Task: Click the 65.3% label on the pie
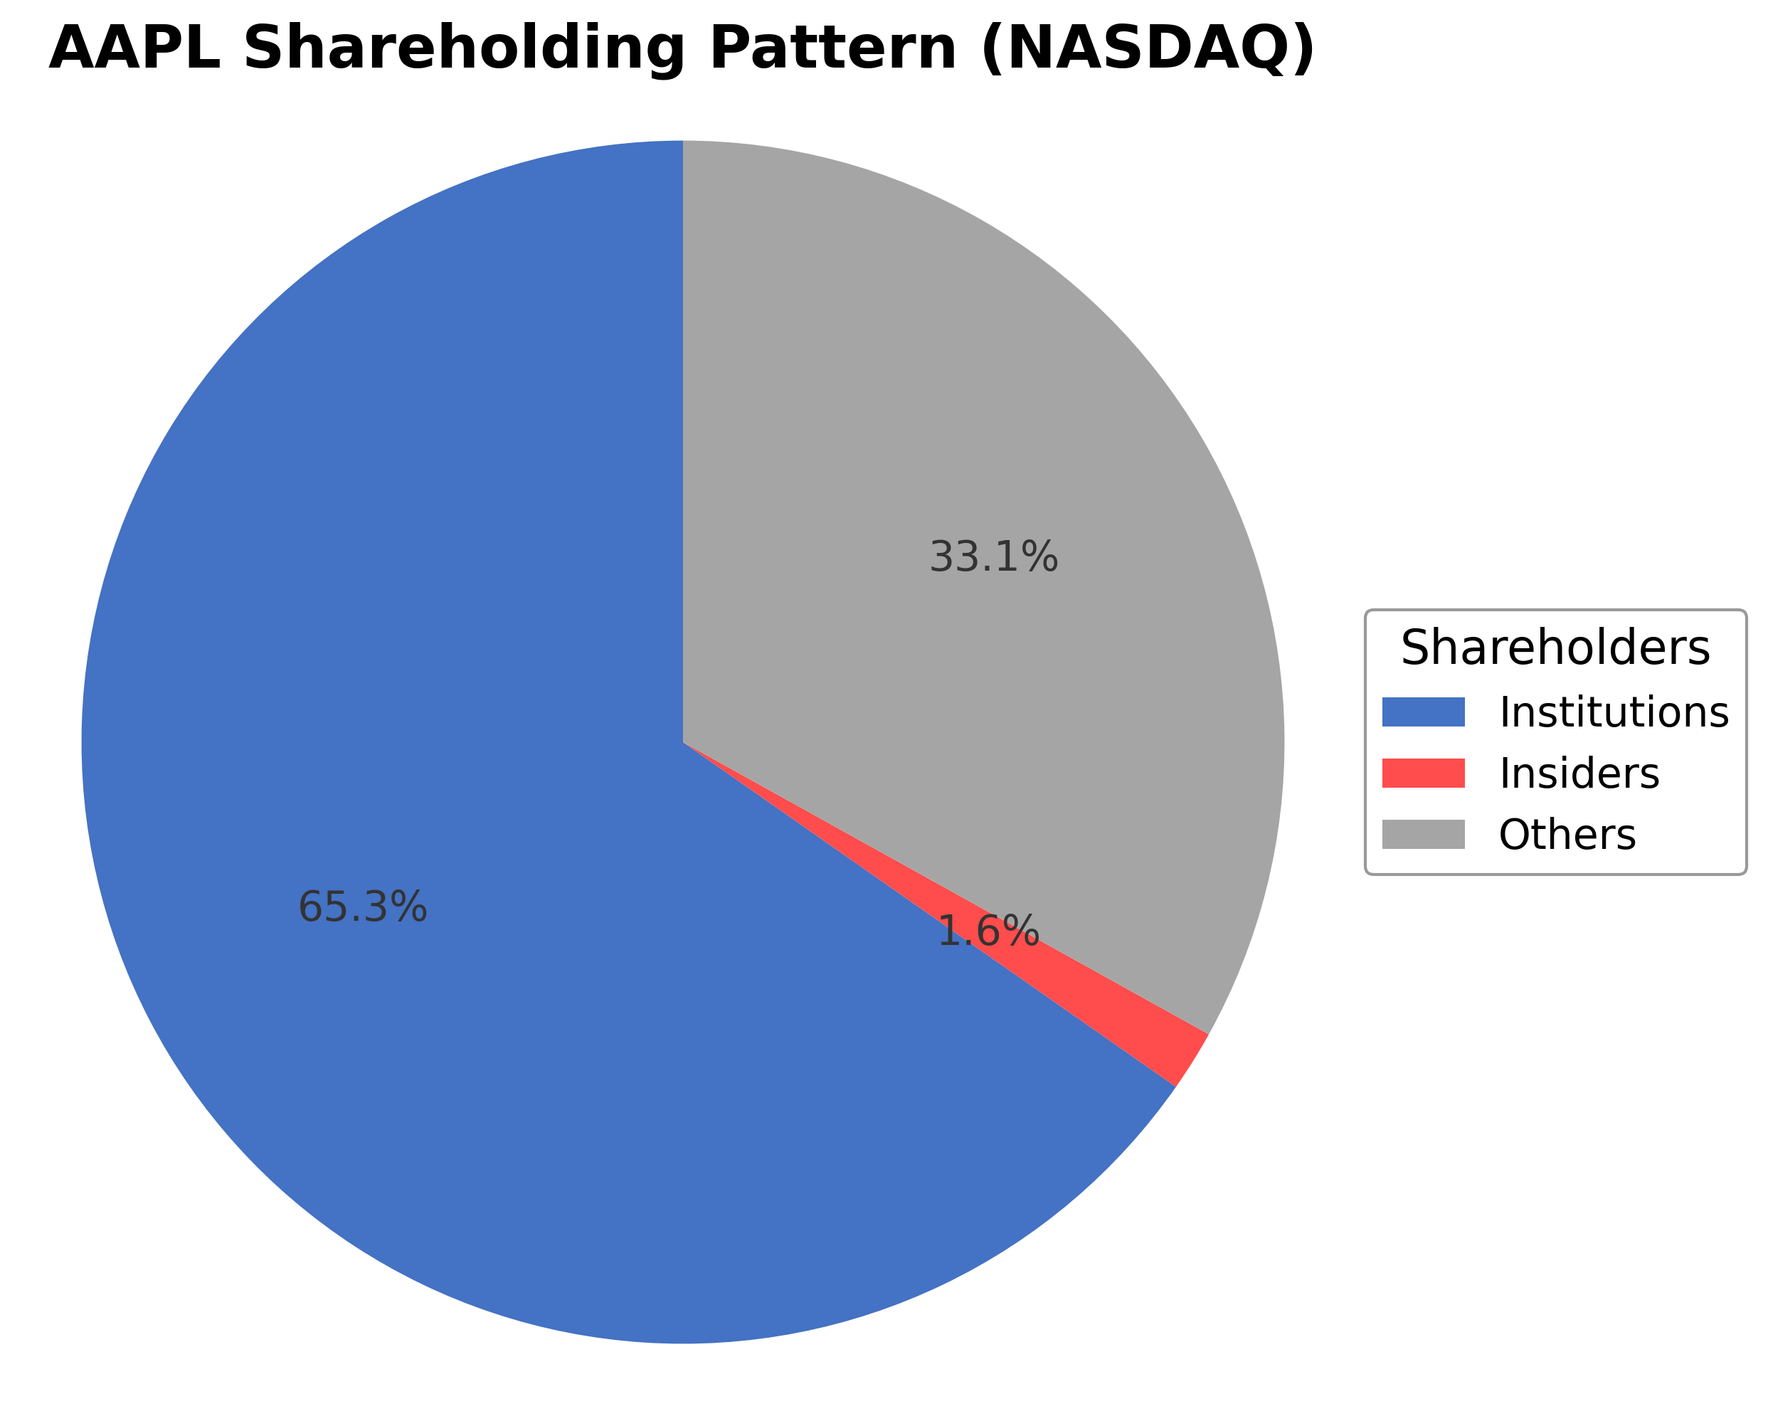(x=362, y=908)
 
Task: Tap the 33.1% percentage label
(x=993, y=558)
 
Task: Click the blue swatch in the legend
(x=1423, y=712)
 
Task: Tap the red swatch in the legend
(x=1423, y=773)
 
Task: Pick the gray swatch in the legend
(x=1423, y=835)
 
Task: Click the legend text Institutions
(x=1614, y=712)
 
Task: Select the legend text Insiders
(x=1579, y=773)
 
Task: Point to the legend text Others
(x=1567, y=835)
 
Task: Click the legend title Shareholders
(x=1555, y=648)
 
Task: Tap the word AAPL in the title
(x=134, y=49)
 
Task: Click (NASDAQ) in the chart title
(x=1148, y=49)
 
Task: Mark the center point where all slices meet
(x=683, y=743)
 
